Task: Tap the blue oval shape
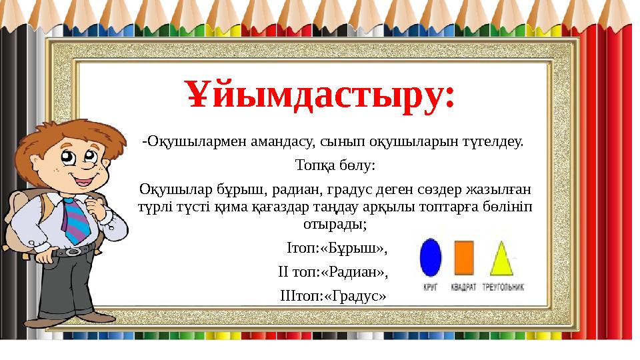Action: tap(430, 259)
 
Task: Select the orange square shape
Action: tap(464, 258)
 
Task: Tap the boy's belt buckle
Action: tap(72, 251)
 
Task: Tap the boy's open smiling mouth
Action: tap(83, 181)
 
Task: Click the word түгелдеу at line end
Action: tap(495, 142)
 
